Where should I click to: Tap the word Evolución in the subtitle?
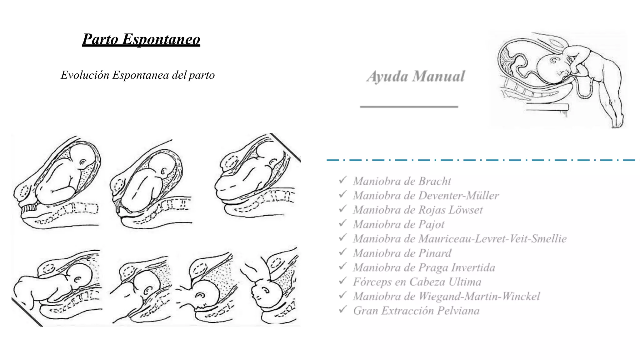[85, 75]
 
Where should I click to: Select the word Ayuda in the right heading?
[387, 77]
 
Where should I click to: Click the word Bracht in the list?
[435, 181]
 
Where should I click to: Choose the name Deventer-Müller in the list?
[458, 196]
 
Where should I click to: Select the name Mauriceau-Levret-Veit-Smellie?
[492, 239]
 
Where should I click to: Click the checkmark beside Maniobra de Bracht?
[343, 180]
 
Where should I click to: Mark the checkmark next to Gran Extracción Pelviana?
[343, 310]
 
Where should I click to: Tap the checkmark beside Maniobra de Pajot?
[343, 223]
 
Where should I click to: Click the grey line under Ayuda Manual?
[409, 107]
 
